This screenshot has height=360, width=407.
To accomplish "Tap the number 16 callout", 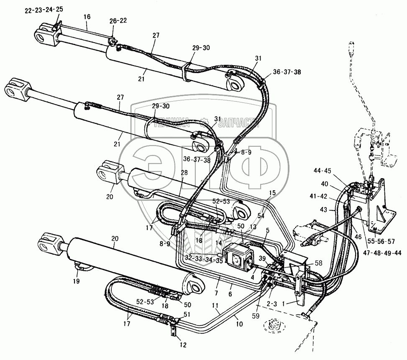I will click(x=87, y=17).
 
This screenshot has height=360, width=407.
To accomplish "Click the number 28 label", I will click(x=184, y=172).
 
